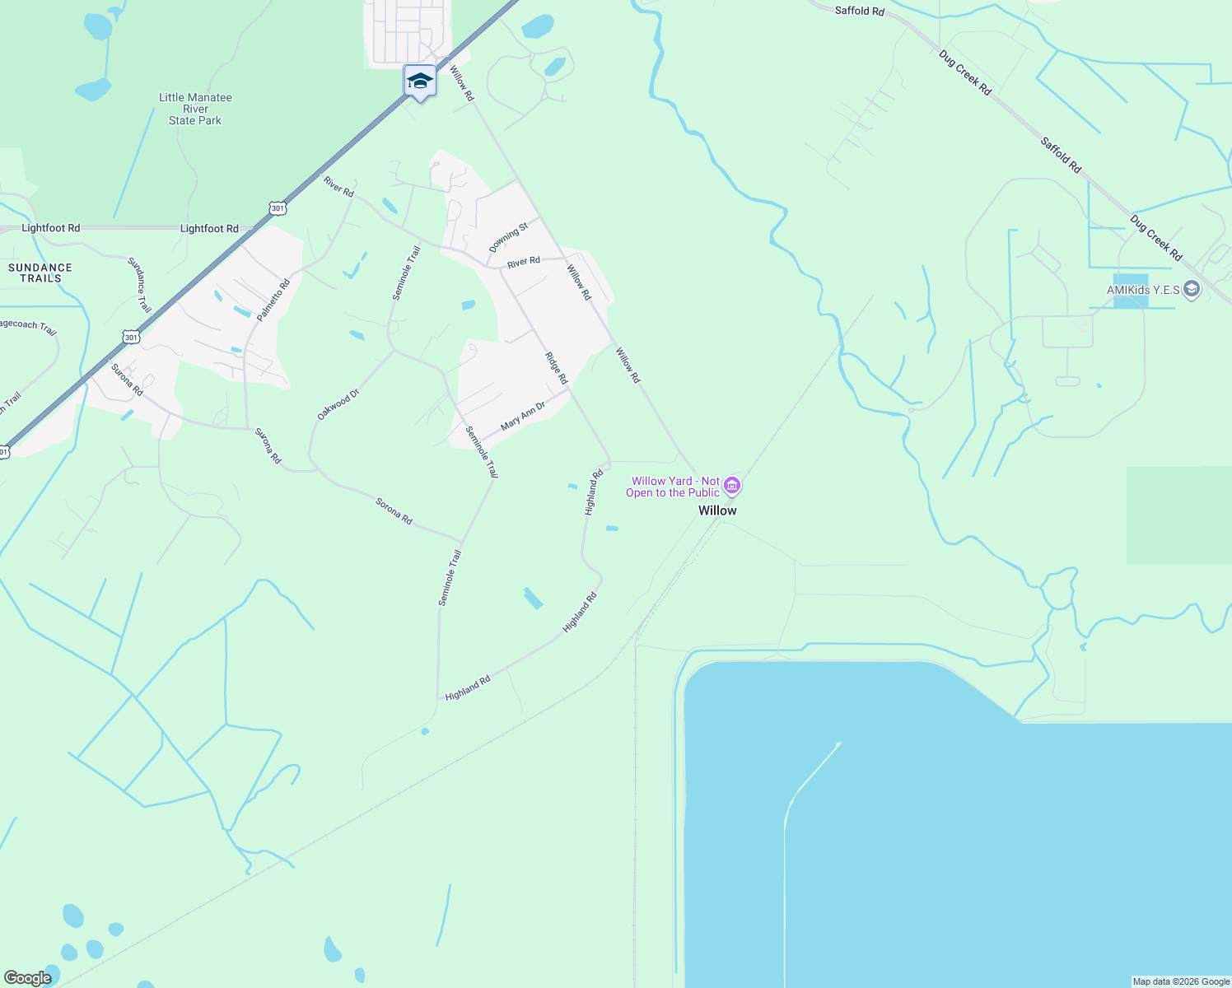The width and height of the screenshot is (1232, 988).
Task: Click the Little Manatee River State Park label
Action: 195,109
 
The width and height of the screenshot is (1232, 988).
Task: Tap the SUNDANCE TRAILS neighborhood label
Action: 40,273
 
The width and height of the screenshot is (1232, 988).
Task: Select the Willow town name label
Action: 717,510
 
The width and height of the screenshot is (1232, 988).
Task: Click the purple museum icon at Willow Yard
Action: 732,487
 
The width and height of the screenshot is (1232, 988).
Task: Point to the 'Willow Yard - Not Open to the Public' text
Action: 673,487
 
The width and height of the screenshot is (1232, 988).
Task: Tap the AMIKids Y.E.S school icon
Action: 1192,289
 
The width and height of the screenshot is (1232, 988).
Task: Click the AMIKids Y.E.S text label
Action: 1143,290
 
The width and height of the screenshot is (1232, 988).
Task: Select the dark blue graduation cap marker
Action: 420,81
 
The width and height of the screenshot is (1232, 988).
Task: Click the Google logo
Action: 27,977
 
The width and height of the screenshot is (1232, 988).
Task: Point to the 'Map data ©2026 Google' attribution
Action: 1181,981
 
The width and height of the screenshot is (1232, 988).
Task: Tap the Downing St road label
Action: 508,238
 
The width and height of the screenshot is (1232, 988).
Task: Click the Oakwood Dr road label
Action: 338,405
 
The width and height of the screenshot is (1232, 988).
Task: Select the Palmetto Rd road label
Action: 273,301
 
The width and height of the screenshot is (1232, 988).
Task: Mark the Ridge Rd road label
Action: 557,368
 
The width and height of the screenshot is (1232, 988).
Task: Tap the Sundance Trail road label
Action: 139,285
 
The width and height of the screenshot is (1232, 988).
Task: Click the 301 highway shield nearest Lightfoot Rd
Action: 278,208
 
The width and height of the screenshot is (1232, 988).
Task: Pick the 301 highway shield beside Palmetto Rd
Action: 131,337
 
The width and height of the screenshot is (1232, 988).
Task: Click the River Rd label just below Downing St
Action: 524,262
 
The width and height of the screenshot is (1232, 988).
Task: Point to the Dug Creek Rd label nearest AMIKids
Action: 1156,238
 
